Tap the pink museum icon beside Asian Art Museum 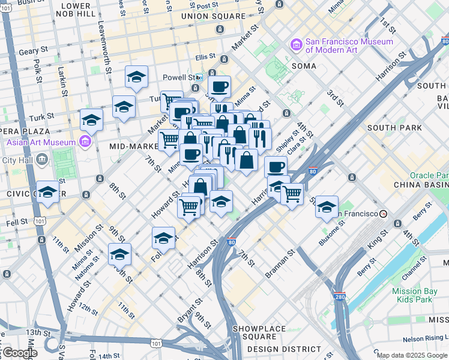pyautogui.click(x=85, y=142)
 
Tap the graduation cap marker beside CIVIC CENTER pyautogui.click(x=47, y=192)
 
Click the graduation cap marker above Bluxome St pyautogui.click(x=327, y=206)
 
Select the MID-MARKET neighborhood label pyautogui.click(x=133, y=146)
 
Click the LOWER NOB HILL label pyautogui.click(x=76, y=9)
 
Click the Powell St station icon pyautogui.click(x=198, y=77)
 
